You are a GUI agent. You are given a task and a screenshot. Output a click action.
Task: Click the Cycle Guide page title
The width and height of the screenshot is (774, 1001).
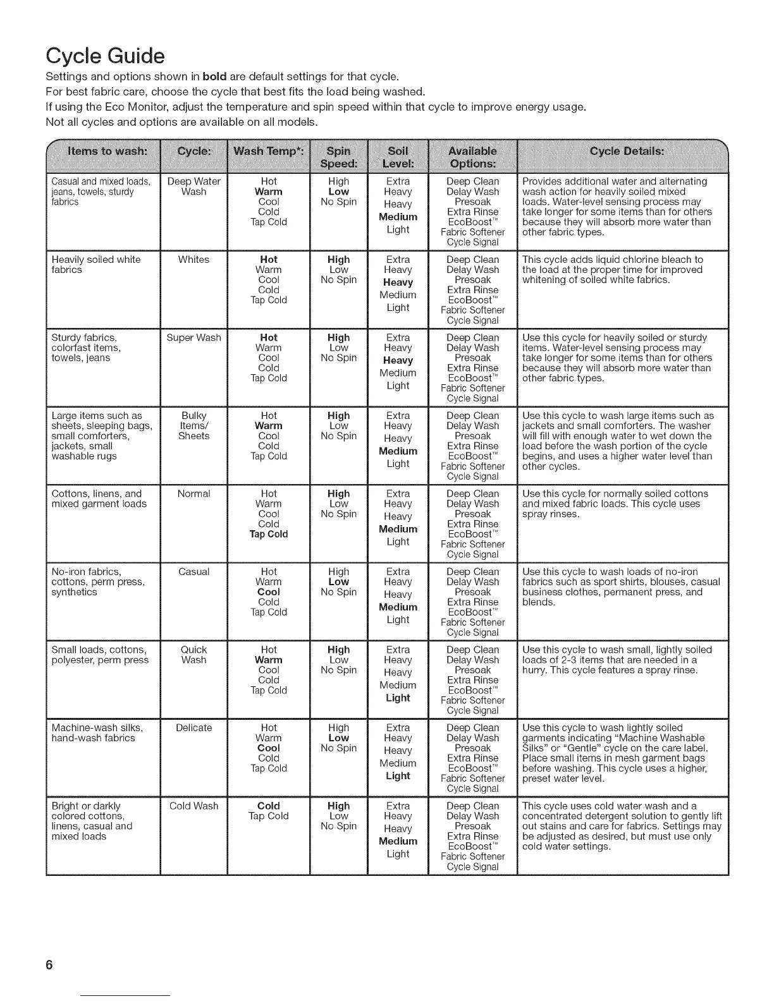coord(106,56)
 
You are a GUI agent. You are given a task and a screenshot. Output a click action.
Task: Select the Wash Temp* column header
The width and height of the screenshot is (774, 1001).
coord(268,151)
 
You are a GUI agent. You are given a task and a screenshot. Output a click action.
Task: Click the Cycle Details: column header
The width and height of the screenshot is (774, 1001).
coord(626,151)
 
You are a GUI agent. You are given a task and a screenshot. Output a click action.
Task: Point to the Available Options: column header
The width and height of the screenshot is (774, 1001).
coord(472,157)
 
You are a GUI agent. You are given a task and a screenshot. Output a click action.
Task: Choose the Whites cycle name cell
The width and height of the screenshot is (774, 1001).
coord(193,260)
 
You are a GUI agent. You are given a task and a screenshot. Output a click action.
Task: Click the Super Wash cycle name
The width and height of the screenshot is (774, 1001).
coord(193,338)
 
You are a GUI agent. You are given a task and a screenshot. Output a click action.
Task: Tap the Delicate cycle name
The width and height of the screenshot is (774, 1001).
coord(193,728)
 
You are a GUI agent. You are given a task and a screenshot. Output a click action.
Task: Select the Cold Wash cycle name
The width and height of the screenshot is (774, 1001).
coord(193,806)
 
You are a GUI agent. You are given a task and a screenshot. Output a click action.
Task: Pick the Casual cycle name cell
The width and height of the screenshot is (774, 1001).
coord(193,572)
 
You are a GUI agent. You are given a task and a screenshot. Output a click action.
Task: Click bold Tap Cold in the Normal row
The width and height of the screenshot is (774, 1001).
coord(268,535)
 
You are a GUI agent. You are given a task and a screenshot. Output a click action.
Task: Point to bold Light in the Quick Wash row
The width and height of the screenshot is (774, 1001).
coord(398,698)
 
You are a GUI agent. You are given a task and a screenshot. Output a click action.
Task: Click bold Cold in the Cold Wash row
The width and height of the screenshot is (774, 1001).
coord(268,806)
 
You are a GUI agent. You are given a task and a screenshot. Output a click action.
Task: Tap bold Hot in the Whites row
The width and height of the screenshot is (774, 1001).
coord(268,260)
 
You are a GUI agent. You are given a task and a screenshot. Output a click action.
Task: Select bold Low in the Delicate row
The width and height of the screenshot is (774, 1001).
coord(338,738)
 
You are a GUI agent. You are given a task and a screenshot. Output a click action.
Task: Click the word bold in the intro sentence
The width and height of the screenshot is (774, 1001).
coord(214,77)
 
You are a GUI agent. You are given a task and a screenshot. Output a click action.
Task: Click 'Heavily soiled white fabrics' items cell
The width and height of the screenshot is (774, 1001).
coord(95,265)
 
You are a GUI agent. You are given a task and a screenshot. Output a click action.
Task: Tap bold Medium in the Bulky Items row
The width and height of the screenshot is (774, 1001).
coord(398,451)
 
